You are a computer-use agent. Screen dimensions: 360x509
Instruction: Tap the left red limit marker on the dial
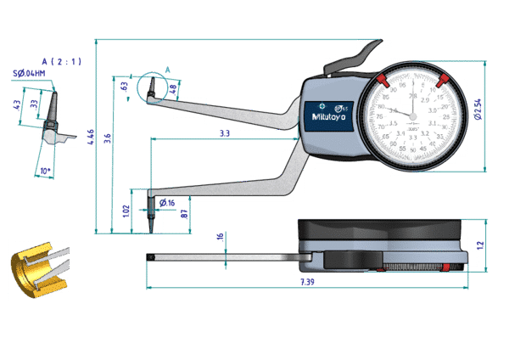(x=383, y=82)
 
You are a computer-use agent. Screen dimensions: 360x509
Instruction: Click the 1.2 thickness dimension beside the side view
(x=478, y=245)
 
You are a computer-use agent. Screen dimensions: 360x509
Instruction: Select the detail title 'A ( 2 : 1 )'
(x=60, y=62)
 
